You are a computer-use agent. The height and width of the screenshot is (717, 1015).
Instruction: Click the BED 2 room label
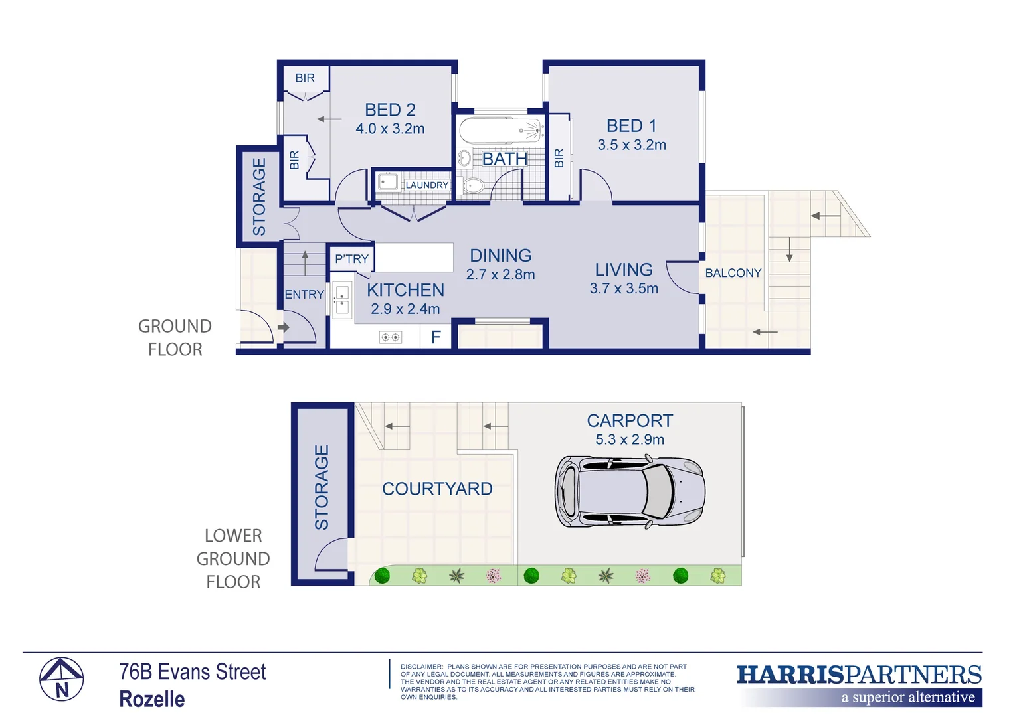[390, 110]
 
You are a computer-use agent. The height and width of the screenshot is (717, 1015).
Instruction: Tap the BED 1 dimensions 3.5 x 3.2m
[631, 145]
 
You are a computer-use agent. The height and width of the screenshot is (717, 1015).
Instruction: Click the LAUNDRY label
[426, 185]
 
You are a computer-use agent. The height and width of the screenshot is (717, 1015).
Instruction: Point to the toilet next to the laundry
[473, 185]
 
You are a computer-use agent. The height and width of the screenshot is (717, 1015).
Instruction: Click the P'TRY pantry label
[351, 259]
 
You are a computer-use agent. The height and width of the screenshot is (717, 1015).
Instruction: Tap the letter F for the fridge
[436, 337]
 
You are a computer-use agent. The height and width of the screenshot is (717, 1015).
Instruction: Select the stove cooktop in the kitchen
[390, 337]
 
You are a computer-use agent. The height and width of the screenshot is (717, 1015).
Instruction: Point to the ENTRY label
[304, 295]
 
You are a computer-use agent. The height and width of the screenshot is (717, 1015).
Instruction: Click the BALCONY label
[733, 273]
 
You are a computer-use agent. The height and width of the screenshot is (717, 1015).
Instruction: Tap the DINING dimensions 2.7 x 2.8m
[500, 275]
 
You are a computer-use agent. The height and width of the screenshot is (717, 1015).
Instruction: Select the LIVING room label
[623, 270]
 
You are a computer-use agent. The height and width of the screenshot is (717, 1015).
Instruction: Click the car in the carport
[629, 492]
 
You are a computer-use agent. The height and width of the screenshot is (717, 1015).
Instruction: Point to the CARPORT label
[629, 421]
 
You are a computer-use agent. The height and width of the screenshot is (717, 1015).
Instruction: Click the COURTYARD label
[437, 489]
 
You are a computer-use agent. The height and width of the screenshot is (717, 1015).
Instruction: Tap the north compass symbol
[61, 679]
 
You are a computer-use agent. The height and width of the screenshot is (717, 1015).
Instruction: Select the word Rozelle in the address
[152, 699]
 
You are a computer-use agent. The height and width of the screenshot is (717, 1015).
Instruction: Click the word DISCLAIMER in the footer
[421, 667]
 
